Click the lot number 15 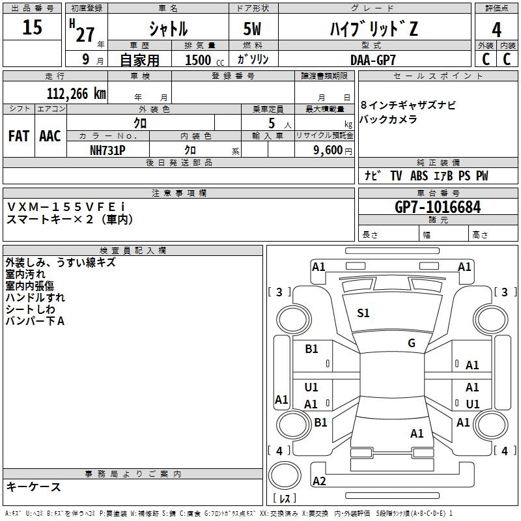coord(32,27)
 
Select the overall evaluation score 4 coord(496,30)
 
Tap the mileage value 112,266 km coord(76,94)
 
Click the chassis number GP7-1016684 coord(438,207)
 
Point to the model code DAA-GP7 coord(373,60)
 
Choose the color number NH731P coord(107,150)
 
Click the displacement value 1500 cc coord(204,60)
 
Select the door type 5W coord(252,29)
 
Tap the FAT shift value coord(19,136)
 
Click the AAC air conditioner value coord(50,136)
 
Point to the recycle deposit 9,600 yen coord(333,150)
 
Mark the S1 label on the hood coord(363,313)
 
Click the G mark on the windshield coord(412,343)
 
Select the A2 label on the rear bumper coord(319,481)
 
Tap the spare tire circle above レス coord(285,475)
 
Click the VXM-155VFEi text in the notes coord(66,207)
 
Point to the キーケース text coord(33,486)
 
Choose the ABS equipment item coord(419,176)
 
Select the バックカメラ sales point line coord(388,119)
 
